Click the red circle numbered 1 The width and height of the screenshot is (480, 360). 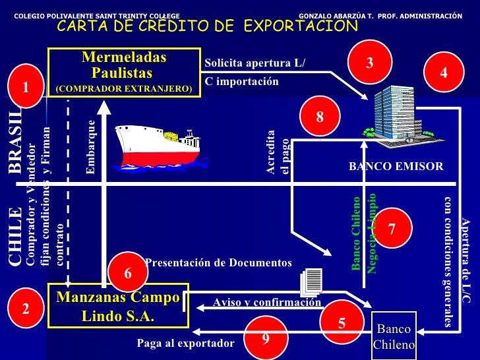(26, 87)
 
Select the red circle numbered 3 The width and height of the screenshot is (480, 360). (370, 62)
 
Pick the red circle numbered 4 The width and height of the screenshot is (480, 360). (444, 74)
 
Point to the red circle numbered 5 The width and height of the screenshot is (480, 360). (342, 322)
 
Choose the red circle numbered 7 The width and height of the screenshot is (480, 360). (391, 229)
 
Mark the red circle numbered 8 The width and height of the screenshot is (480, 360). (320, 117)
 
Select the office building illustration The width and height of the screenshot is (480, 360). (395, 116)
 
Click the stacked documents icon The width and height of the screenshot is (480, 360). (311, 282)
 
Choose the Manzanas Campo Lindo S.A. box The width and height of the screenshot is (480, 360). (119, 307)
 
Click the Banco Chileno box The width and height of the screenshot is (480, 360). (394, 336)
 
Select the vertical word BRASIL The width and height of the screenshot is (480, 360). (15, 142)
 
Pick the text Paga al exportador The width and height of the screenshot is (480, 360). (185, 344)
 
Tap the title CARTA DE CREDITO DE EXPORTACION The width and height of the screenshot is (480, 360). (207, 26)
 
